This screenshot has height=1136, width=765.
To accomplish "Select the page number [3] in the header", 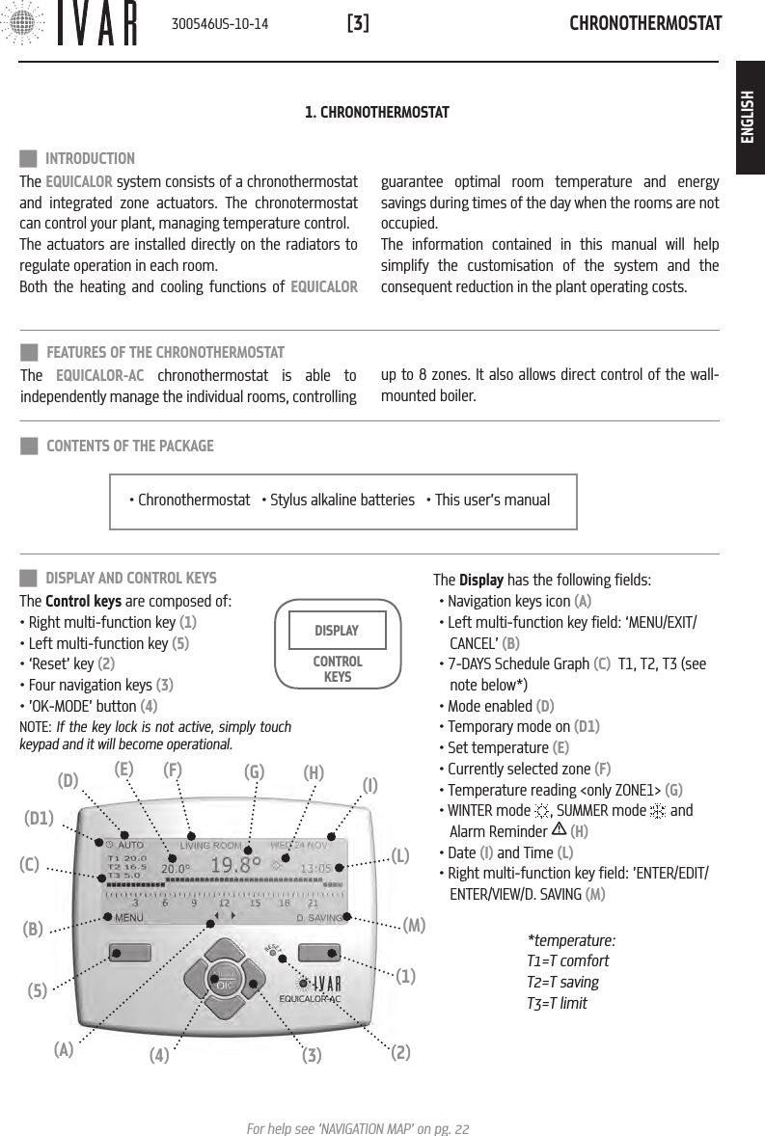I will [x=357, y=23].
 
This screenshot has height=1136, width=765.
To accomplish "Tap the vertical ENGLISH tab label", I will [x=749, y=117].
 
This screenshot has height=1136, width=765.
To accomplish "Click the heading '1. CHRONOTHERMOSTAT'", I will [x=376, y=114].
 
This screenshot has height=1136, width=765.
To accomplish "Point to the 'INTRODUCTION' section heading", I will [x=90, y=158].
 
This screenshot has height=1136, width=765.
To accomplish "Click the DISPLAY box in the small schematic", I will [x=337, y=631].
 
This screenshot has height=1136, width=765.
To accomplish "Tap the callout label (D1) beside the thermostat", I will [x=39, y=819].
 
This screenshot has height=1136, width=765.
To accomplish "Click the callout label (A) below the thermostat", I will [x=64, y=1051].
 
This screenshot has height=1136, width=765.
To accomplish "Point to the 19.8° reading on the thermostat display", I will [x=236, y=865].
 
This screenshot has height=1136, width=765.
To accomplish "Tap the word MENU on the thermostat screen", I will [x=129, y=918].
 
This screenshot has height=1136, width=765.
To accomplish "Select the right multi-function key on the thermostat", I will [x=321, y=954].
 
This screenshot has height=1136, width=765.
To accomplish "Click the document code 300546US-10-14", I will [x=219, y=23].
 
